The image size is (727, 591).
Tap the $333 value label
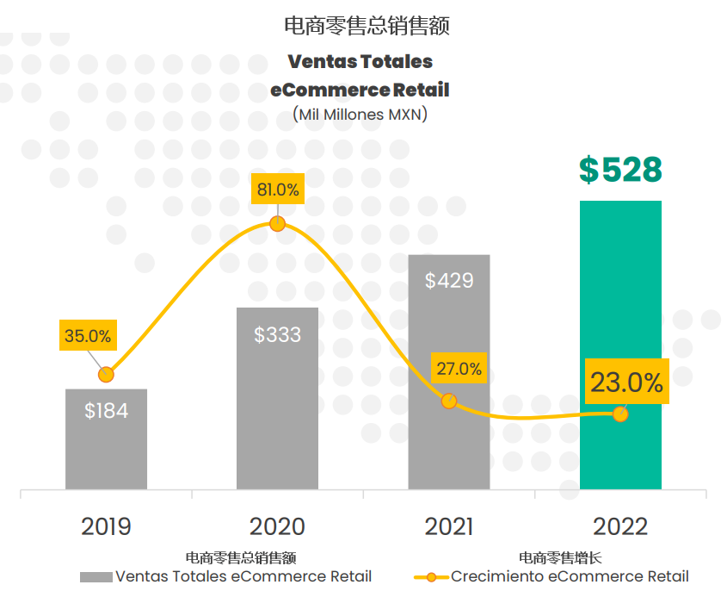coord(277,334)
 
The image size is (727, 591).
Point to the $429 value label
coord(449,281)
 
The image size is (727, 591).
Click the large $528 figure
coord(620,171)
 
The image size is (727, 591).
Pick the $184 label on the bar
coord(106,411)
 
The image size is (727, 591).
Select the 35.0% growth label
coord(88,336)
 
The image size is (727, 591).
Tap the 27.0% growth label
coord(459,369)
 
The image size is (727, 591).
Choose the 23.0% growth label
coord(625,383)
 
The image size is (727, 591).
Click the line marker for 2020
coord(277,224)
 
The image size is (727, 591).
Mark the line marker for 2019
coord(106,375)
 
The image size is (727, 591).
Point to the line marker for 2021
coord(448,401)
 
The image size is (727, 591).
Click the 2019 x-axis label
coord(106,526)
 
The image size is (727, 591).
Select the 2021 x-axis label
coord(448,526)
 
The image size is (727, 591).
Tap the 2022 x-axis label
coord(620,526)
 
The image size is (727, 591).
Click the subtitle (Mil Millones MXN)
coord(360,114)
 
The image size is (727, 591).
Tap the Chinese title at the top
coord(367,26)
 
